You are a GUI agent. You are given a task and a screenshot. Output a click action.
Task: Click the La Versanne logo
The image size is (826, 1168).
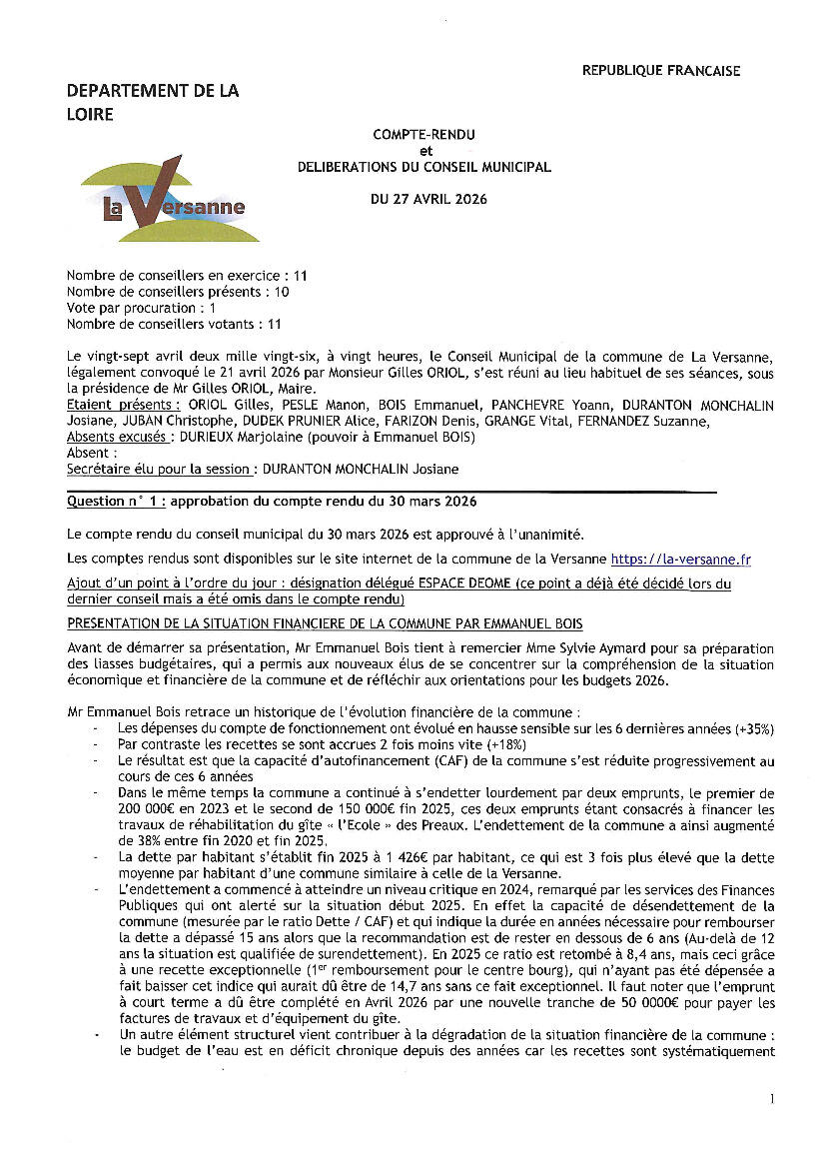click(171, 199)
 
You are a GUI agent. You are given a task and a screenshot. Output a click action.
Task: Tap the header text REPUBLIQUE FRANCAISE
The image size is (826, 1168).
click(661, 71)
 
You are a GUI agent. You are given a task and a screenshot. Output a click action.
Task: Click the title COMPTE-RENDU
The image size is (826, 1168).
click(423, 133)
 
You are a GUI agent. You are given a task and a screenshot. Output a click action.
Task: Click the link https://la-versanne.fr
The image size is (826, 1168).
click(680, 560)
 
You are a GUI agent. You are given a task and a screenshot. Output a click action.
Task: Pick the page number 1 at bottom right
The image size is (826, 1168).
click(772, 1099)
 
